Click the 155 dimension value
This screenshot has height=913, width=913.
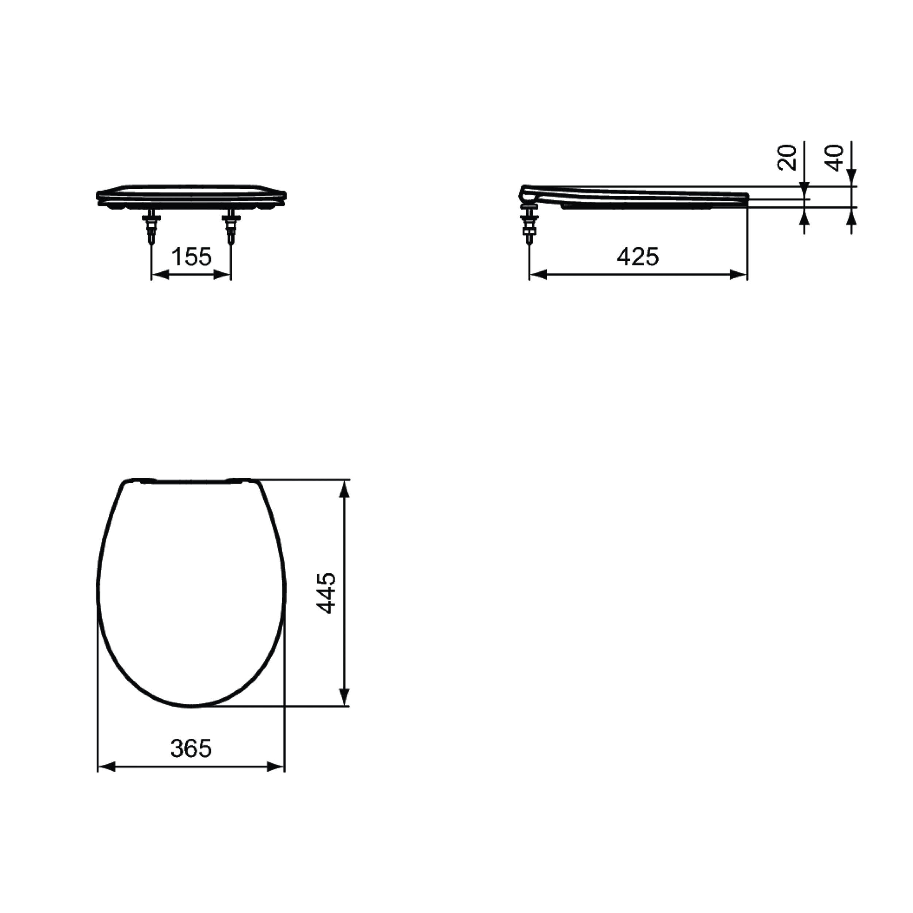(191, 257)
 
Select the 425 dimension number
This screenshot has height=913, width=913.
(638, 257)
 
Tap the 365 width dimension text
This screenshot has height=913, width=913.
(191, 748)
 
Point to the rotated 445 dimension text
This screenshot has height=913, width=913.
(326, 593)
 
